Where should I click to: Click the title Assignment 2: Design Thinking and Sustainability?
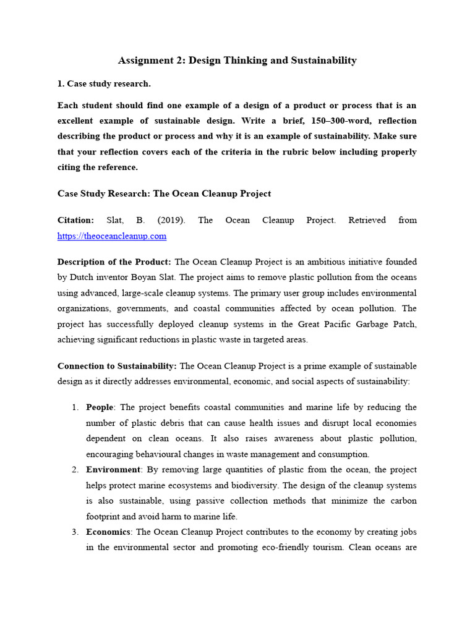pyautogui.click(x=237, y=61)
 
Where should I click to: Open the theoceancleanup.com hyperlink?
pyautogui.click(x=111, y=236)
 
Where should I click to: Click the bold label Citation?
pyautogui.click(x=75, y=220)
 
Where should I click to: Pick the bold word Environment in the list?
pyautogui.click(x=113, y=470)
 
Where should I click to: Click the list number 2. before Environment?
pyautogui.click(x=75, y=470)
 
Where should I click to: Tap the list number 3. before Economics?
pyautogui.click(x=75, y=532)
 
